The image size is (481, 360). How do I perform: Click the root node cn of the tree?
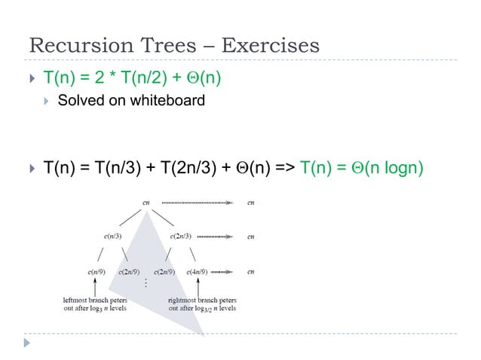click(x=146, y=202)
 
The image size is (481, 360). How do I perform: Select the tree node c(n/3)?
click(x=115, y=236)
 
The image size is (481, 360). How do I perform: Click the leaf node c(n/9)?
click(x=95, y=270)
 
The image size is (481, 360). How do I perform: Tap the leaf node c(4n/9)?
click(x=198, y=270)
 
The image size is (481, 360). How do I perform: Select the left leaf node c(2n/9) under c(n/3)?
click(x=131, y=270)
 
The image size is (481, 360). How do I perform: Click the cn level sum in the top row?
click(x=250, y=202)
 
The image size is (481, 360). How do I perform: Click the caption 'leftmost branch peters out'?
click(x=95, y=304)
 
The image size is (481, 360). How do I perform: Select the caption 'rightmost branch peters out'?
click(x=202, y=304)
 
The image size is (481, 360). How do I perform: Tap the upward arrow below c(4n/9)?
click(x=198, y=286)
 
